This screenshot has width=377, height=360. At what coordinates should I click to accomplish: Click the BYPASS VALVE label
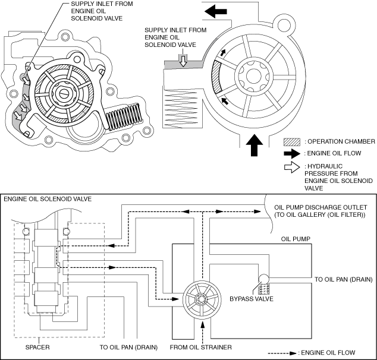click(x=252, y=299)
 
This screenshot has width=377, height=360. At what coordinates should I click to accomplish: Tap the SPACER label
click(x=37, y=348)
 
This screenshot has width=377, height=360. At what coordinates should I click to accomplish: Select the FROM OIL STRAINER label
click(x=201, y=348)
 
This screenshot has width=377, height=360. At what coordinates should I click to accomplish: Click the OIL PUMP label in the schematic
click(x=296, y=239)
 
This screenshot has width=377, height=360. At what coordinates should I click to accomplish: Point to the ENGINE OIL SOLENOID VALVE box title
click(x=48, y=199)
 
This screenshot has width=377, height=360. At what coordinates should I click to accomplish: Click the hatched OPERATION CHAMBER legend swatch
click(x=292, y=142)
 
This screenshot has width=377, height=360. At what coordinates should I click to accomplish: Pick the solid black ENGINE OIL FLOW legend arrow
click(x=292, y=154)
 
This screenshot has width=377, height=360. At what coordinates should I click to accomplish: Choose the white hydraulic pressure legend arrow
click(x=292, y=167)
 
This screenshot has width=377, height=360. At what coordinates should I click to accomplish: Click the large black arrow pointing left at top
click(x=216, y=11)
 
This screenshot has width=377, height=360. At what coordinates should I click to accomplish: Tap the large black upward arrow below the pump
click(x=255, y=146)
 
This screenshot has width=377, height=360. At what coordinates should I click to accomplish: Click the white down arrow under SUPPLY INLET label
click(x=184, y=61)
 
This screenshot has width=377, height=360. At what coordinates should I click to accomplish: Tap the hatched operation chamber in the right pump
click(x=216, y=77)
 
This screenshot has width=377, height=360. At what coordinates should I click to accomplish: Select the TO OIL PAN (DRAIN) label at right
click(x=344, y=280)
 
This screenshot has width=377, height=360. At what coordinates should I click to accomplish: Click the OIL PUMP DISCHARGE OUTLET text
click(x=321, y=207)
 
